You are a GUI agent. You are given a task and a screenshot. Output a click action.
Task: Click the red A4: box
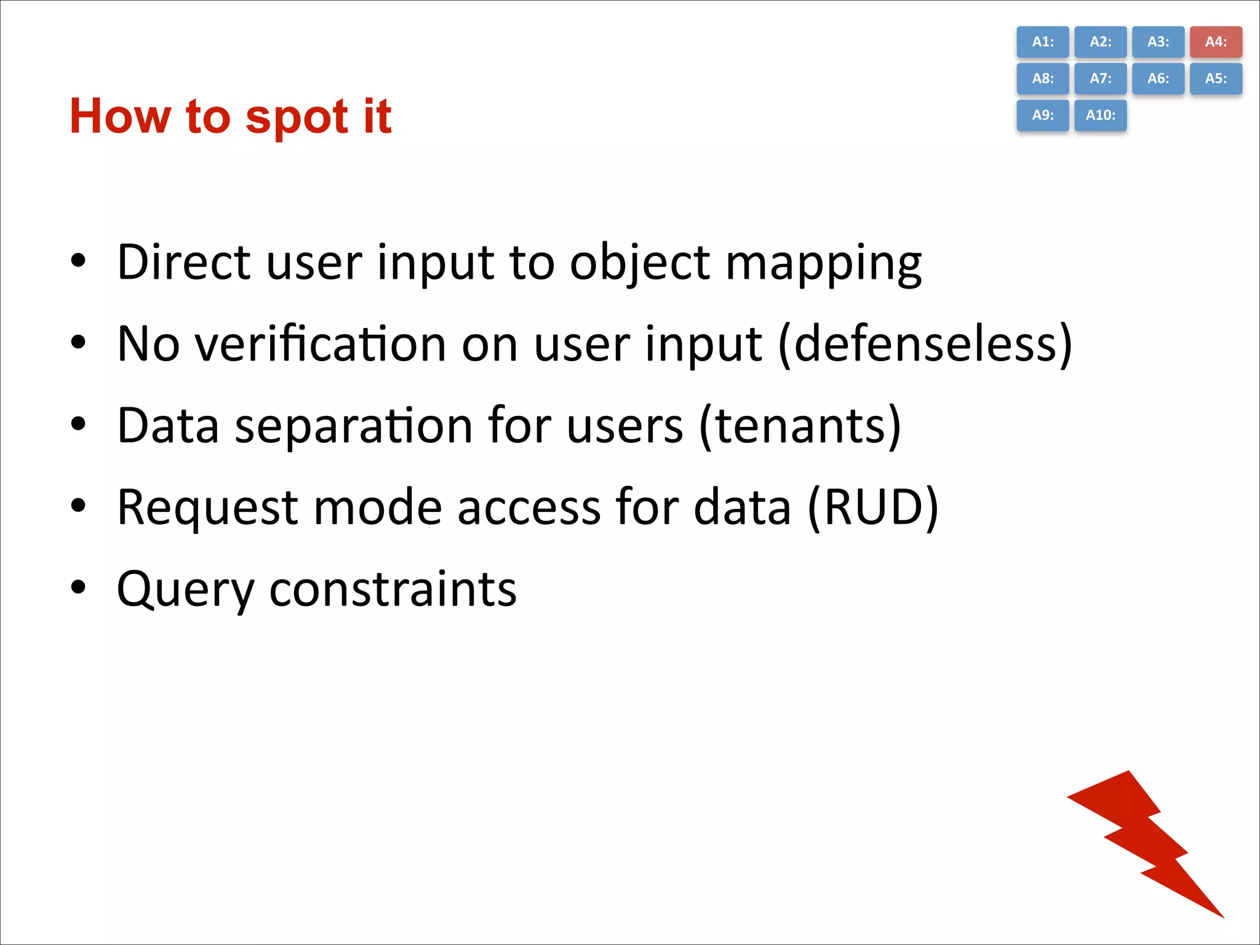point(1215,42)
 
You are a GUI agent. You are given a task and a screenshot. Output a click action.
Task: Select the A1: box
point(1042,42)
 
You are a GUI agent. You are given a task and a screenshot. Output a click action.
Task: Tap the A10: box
point(1100,115)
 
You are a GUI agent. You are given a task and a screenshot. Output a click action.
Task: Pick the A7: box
point(1100,79)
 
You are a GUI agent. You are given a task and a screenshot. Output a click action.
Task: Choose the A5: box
point(1215,79)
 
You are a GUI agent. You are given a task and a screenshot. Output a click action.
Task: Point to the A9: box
point(1042,115)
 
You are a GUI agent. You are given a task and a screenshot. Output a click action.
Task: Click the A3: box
point(1158,42)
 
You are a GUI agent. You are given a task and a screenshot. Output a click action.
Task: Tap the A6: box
point(1158,79)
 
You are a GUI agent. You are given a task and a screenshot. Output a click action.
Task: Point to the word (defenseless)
point(925,345)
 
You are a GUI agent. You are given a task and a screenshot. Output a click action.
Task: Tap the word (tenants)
point(800,426)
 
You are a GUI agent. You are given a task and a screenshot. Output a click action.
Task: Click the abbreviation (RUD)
point(872,508)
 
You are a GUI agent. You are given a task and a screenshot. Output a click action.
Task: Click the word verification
point(321,344)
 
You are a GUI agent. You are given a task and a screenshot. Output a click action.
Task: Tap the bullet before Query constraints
point(78,587)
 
